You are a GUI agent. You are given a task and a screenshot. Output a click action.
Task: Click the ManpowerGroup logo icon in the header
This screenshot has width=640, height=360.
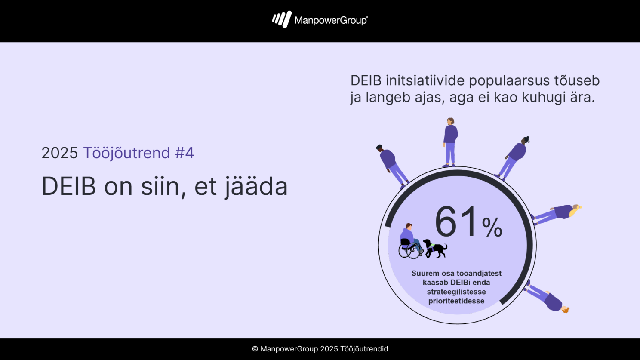click(x=282, y=19)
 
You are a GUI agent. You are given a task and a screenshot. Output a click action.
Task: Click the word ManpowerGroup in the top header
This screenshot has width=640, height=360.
click(x=331, y=20)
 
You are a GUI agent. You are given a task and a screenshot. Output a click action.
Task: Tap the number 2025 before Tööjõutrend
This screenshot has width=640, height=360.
click(x=59, y=153)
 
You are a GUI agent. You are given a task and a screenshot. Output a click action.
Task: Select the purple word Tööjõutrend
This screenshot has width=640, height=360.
click(x=126, y=153)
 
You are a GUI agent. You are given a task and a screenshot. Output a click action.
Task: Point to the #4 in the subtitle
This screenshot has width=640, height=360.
click(x=185, y=153)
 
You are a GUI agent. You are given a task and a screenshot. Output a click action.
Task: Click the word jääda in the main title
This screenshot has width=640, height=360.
click(x=256, y=186)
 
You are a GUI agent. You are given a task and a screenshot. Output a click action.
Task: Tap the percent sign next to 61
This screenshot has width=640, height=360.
click(x=492, y=228)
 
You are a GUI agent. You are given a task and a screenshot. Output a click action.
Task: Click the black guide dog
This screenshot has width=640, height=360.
click(x=435, y=249)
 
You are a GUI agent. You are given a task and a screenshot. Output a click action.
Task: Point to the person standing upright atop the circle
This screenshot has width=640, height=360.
click(x=450, y=142)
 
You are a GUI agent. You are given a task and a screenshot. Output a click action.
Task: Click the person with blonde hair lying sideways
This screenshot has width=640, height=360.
click(x=556, y=214)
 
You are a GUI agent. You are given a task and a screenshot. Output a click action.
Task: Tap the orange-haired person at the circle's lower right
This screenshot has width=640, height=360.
click(x=547, y=298)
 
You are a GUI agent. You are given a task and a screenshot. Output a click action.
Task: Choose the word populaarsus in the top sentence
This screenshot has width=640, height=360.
click(x=509, y=81)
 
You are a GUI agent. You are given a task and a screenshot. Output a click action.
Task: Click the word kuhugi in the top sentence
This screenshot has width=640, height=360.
click(x=541, y=98)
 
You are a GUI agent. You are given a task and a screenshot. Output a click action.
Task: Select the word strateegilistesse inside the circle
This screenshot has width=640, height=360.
click(x=456, y=292)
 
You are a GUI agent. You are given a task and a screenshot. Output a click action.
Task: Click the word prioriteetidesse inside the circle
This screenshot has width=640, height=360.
click(x=456, y=301)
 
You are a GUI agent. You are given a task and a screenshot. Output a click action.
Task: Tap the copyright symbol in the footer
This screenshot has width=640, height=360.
click(x=255, y=349)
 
